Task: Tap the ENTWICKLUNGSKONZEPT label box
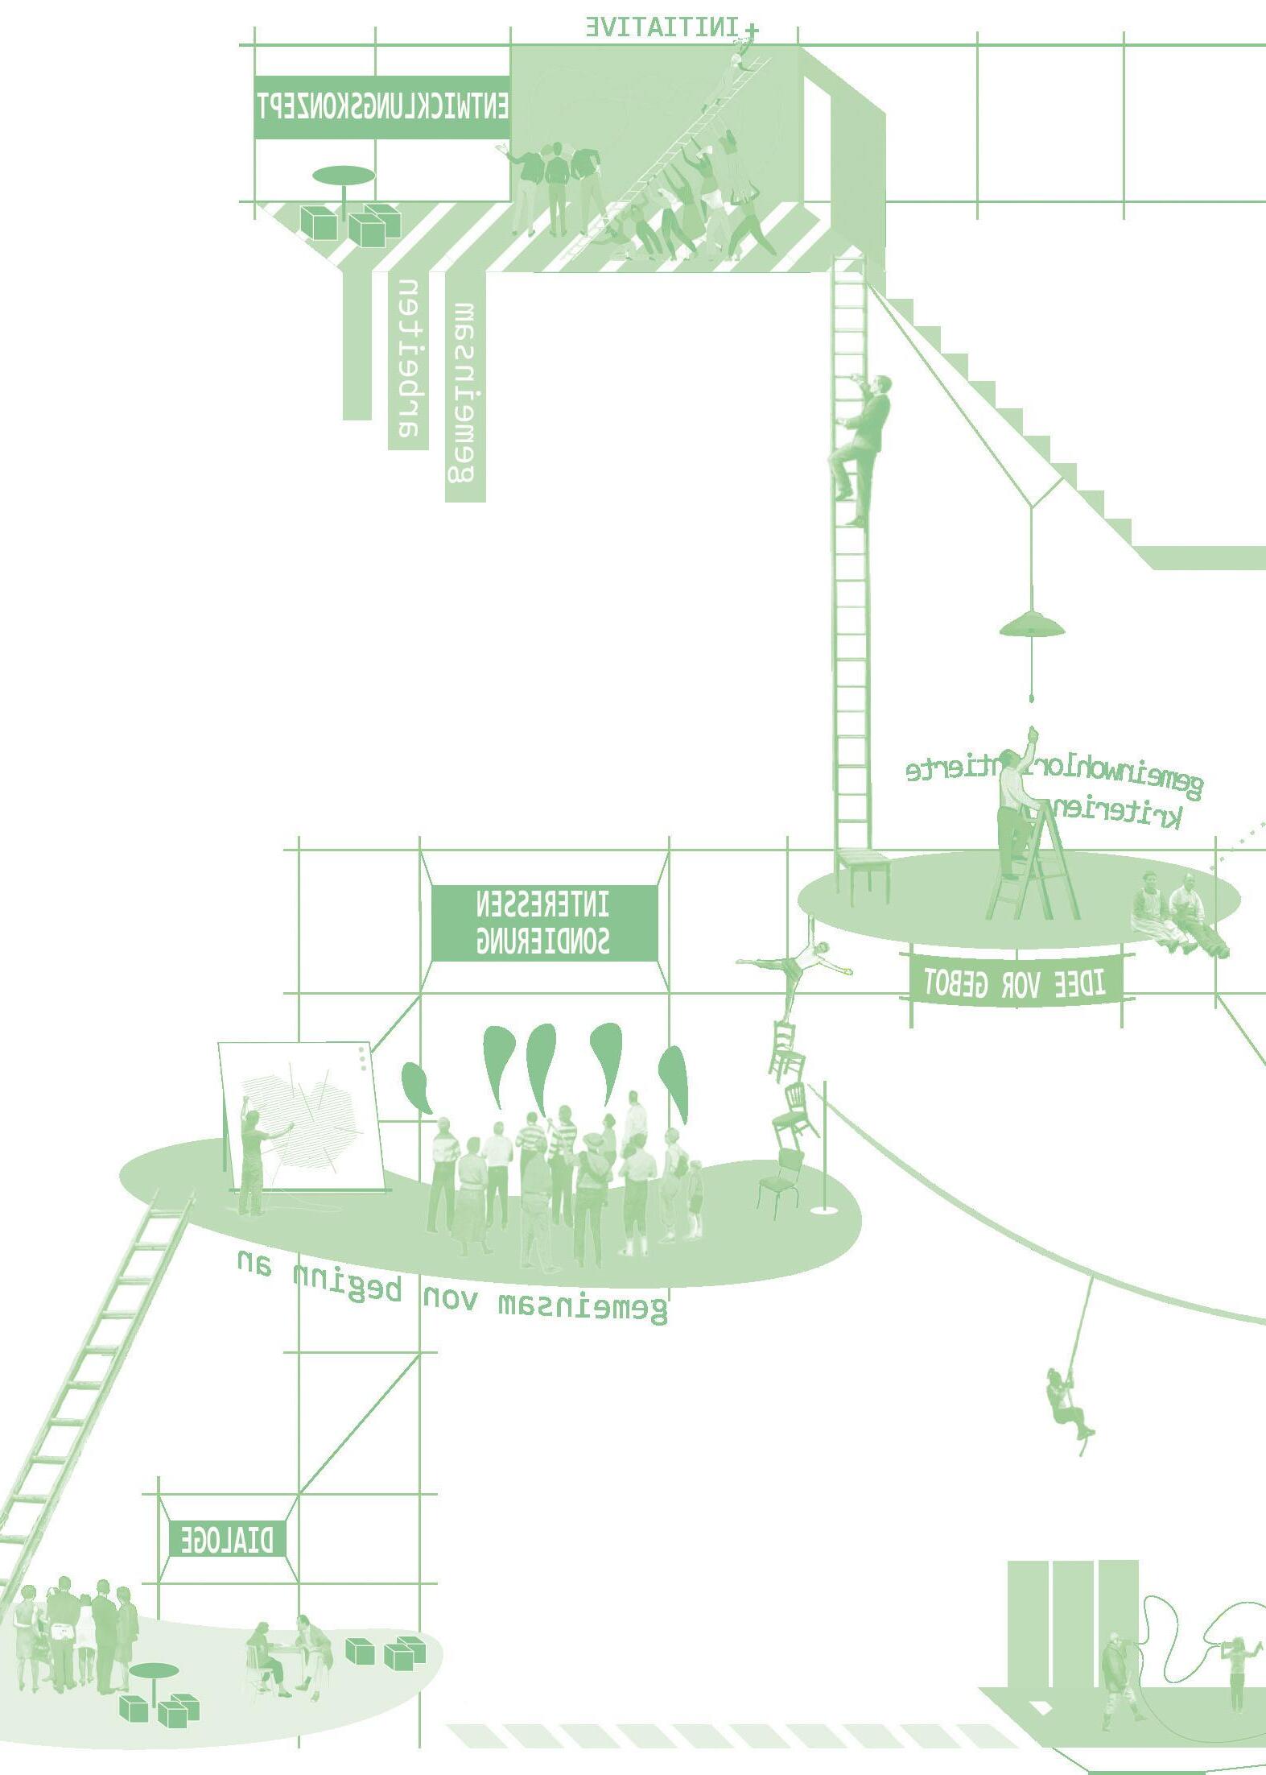[381, 107]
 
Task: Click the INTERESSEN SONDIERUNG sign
[543, 922]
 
